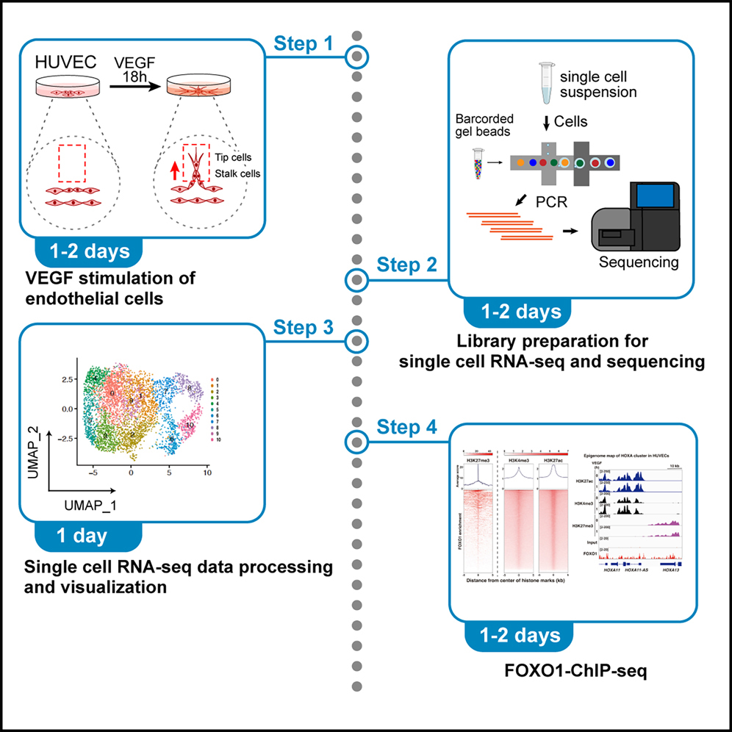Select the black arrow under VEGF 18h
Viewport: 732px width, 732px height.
pyautogui.click(x=135, y=86)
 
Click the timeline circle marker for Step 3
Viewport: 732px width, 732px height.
pyautogui.click(x=357, y=340)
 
